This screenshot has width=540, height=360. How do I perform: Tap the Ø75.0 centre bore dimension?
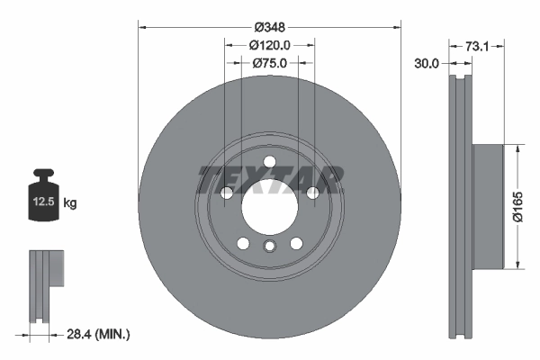point(269,63)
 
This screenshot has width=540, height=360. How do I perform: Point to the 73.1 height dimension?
point(478,44)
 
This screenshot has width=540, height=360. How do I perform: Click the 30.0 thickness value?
point(427,63)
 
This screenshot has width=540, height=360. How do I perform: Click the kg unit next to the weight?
point(71,203)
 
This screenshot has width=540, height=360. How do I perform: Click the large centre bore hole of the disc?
point(269,208)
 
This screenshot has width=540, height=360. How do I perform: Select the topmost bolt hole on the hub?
point(269,162)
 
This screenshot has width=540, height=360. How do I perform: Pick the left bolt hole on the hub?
point(226,193)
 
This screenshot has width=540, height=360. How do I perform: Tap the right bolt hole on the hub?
point(312,193)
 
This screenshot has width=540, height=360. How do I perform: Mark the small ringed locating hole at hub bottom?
point(269,248)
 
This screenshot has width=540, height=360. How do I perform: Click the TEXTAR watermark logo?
point(269,180)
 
